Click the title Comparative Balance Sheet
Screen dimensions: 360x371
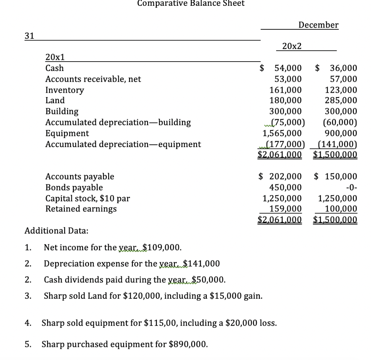point(191,3)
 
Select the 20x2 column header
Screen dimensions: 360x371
point(292,46)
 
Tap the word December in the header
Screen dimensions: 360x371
point(318,25)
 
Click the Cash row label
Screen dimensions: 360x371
point(54,68)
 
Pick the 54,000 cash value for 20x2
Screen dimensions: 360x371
point(288,68)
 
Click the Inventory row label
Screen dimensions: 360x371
point(64,90)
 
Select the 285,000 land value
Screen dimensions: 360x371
point(341,100)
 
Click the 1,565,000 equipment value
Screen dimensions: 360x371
point(282,133)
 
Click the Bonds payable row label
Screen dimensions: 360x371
point(74,188)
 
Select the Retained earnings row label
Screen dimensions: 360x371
point(81,209)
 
